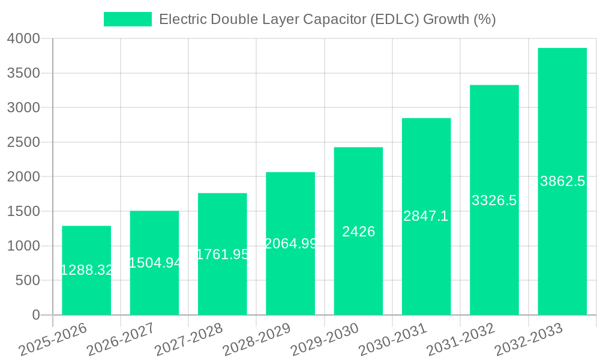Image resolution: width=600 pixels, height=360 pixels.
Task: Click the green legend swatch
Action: [127, 19]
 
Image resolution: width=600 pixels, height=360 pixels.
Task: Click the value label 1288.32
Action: [86, 270]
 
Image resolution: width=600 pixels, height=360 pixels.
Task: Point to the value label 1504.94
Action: [154, 263]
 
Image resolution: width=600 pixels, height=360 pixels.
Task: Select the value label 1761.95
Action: [223, 254]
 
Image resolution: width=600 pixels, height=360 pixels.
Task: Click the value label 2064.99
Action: [290, 244]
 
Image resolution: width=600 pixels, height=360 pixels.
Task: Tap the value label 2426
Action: [358, 232]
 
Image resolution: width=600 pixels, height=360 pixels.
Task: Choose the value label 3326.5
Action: [494, 200]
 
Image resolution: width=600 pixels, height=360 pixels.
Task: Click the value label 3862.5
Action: [562, 181]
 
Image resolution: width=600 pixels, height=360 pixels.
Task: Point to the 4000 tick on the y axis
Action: [23, 38]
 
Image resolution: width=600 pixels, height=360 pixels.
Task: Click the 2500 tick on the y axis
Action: [23, 142]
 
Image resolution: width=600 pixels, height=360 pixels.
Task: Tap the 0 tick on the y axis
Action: [36, 315]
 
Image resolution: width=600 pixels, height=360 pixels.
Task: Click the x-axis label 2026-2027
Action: [121, 340]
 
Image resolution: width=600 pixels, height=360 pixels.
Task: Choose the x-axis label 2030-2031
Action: [393, 340]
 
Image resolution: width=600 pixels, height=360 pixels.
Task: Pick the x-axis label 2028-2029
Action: [257, 340]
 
